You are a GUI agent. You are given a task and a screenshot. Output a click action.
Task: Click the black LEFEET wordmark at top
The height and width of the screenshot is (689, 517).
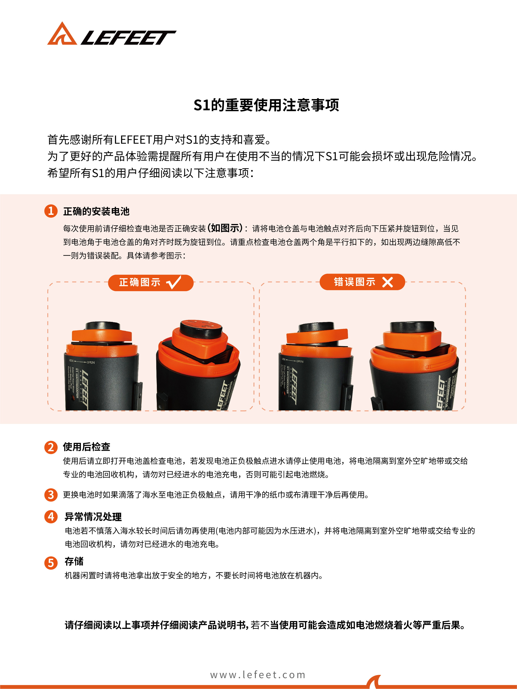tap(128, 38)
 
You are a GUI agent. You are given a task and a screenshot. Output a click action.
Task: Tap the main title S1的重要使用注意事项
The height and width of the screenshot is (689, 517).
tap(266, 105)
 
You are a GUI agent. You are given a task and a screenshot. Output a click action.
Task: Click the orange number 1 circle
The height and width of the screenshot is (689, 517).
tap(51, 211)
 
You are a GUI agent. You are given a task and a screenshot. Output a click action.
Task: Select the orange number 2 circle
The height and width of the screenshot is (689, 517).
tap(51, 447)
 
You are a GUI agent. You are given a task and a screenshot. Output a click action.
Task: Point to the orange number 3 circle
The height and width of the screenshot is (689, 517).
tap(51, 495)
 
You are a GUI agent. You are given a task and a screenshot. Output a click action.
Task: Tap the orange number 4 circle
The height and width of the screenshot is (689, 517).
tap(51, 517)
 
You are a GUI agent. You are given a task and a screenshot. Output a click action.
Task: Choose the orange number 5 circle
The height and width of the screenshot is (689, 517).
tap(51, 563)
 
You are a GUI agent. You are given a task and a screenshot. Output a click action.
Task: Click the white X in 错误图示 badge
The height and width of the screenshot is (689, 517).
tap(387, 282)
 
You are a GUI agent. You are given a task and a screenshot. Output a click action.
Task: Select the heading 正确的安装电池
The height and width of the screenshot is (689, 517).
tap(96, 211)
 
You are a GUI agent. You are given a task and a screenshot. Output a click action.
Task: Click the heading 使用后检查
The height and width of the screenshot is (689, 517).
tap(87, 447)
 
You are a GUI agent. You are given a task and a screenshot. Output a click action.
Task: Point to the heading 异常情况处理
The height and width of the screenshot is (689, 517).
tap(93, 517)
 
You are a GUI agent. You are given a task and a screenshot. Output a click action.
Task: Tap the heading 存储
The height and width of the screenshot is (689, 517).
tap(74, 561)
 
